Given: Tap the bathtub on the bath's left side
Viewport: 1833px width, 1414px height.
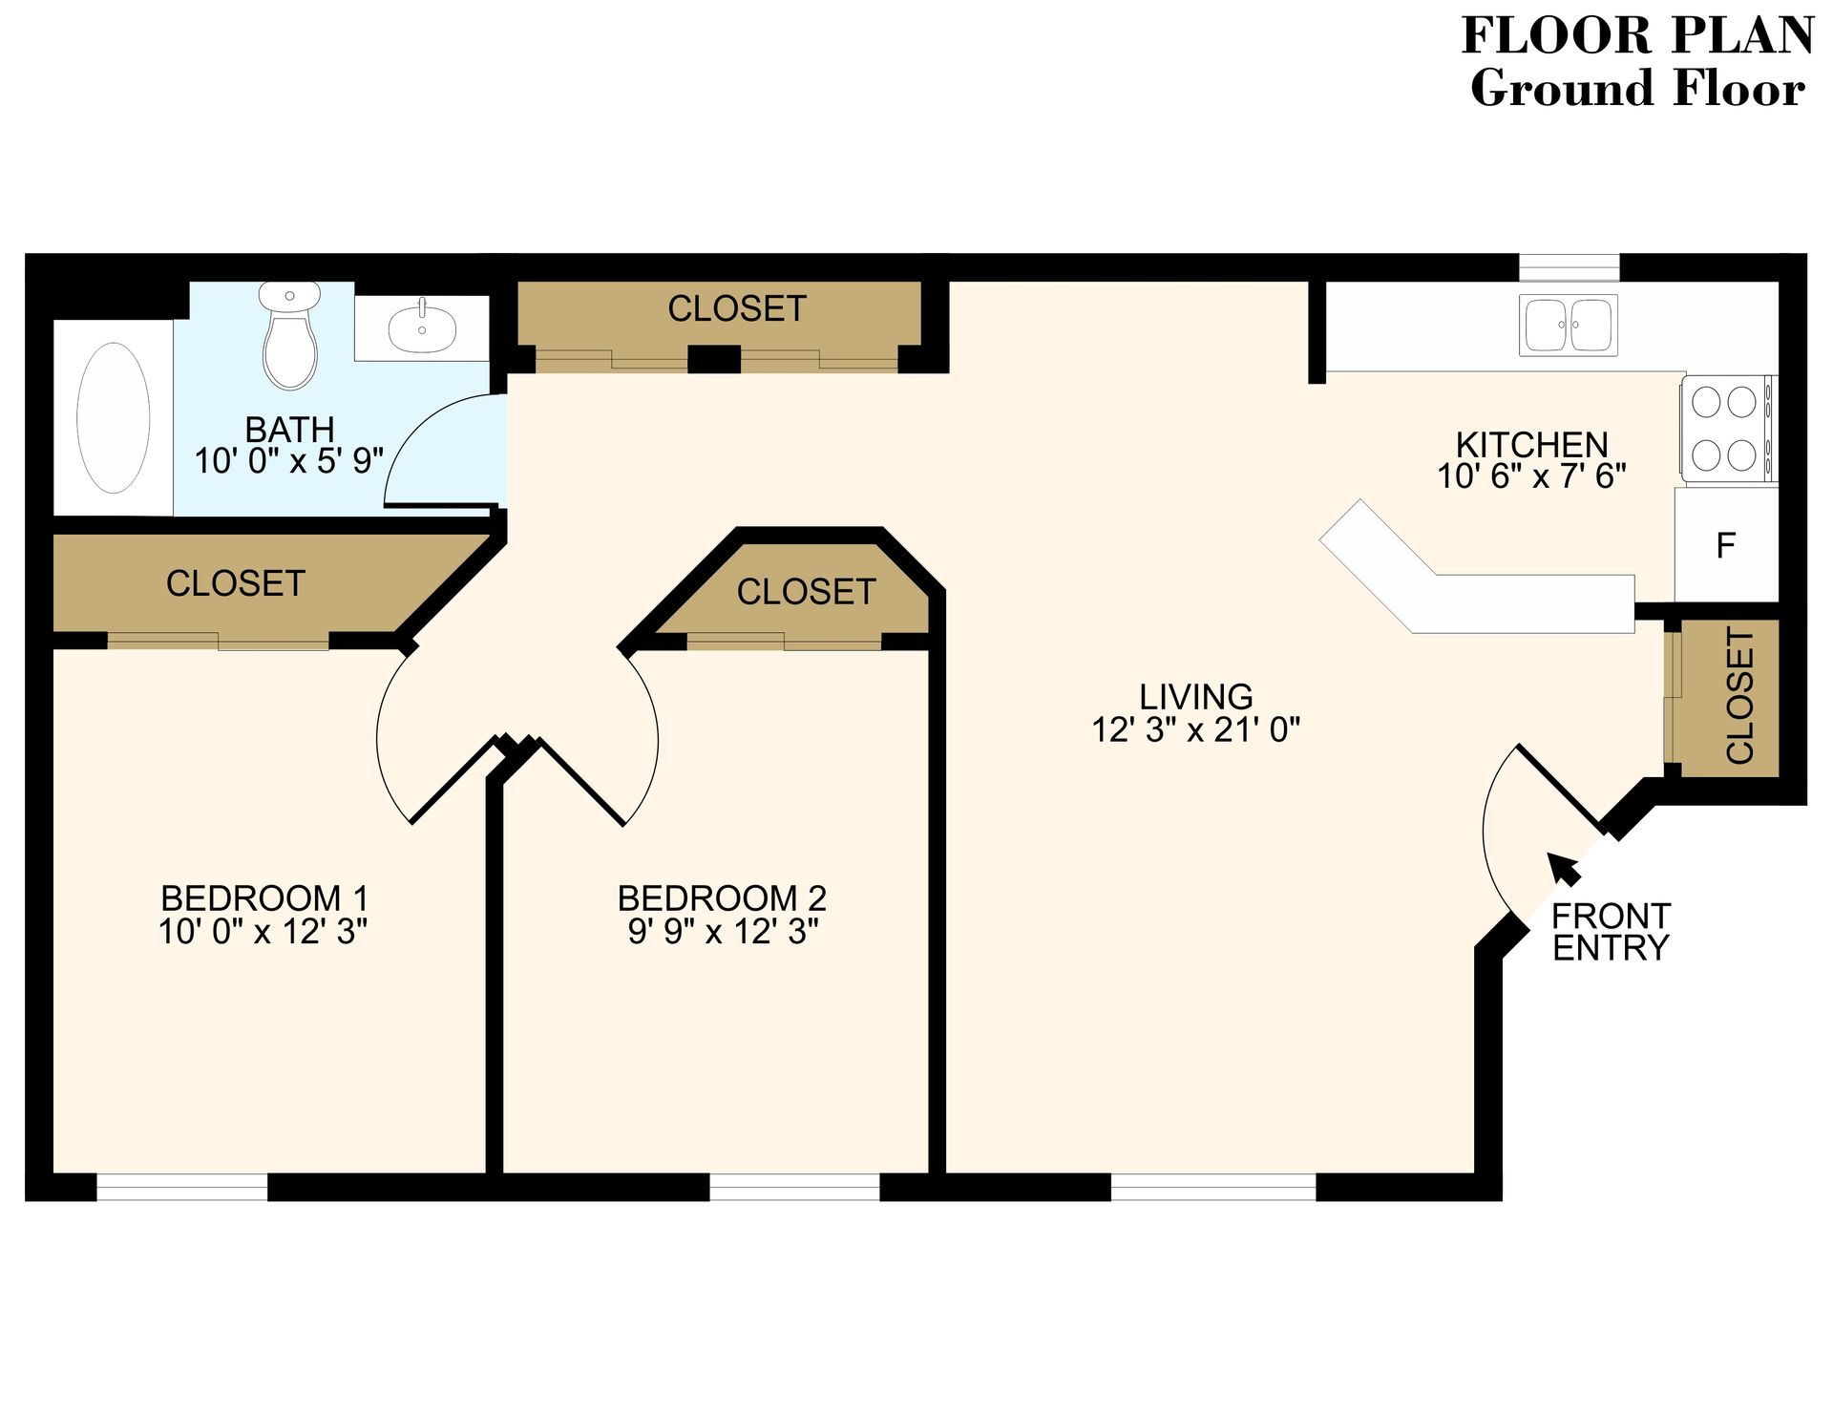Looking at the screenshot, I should pos(114,418).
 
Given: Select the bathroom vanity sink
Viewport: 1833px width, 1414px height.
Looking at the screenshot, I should pos(422,327).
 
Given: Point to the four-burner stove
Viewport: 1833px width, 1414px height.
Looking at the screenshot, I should pos(1725,429).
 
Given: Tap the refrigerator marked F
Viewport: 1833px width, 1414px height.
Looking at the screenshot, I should pos(1725,545).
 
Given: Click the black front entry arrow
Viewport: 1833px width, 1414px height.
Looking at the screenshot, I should pos(1563,868).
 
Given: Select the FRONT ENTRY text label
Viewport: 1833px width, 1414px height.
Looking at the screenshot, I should pos(1611,932).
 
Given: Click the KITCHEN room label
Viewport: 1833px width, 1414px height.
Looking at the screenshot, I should pos(1531,445).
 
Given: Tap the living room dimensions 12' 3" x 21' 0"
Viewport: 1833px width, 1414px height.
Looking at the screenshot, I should pos(1195,730).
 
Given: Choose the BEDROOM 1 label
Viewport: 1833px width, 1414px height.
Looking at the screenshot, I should pos(264,898).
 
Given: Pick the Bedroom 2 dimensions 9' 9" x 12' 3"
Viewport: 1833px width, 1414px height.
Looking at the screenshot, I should pos(723,932).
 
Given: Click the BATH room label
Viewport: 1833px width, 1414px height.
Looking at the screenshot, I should pos(289,429).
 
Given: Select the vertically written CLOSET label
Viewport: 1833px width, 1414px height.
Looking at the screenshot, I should pos(1740,696).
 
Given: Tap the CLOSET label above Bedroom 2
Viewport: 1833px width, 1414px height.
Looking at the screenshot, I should pos(806,592).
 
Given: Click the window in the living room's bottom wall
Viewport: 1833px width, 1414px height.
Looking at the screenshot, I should pos(1213,1187).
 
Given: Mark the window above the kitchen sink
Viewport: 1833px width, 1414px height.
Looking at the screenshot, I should pos(1569,267).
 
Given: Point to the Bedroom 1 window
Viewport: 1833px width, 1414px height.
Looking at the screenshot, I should pos(182,1187).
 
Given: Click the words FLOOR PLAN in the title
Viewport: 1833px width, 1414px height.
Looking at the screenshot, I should pos(1636,36).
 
